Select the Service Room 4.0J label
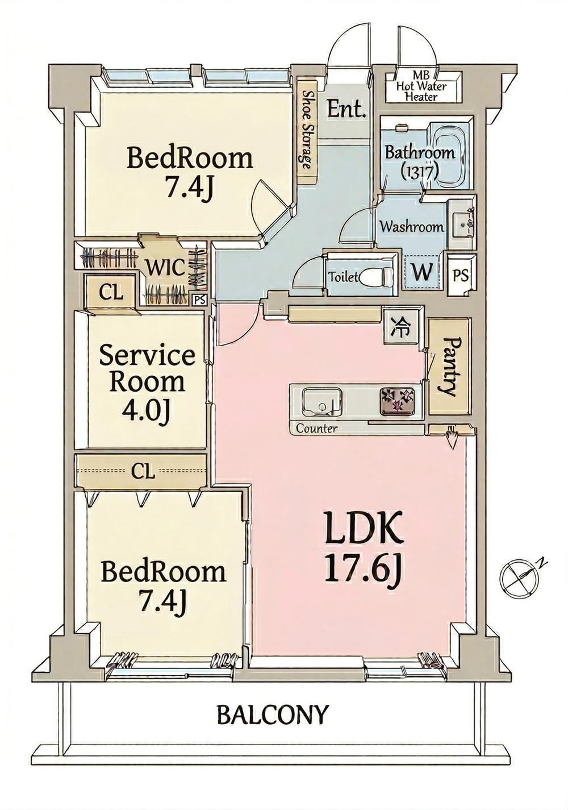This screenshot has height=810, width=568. pos(147,385)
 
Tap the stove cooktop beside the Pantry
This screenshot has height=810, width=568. pos(396,400)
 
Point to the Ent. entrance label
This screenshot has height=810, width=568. pos(346,109)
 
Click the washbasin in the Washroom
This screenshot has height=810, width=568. pos(461,224)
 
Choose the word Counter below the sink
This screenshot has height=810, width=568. pos(316,429)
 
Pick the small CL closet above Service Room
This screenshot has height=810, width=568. pos(111,293)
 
